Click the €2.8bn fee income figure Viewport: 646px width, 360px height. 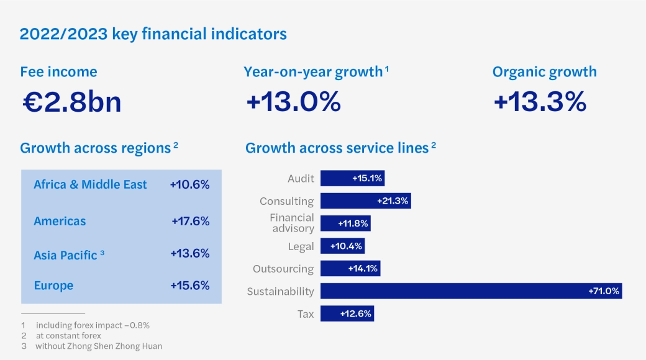point(71,102)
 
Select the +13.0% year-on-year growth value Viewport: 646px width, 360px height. point(293,102)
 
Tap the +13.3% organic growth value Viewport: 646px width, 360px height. point(540,102)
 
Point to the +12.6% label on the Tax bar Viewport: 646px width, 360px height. point(355,313)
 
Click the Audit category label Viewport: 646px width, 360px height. point(301,178)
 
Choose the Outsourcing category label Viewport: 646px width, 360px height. point(283,269)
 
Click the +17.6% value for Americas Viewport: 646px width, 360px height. point(190,221)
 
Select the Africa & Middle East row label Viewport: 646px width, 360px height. point(90,184)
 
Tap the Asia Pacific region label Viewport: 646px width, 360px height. point(66,254)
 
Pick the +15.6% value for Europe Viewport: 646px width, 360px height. point(190,286)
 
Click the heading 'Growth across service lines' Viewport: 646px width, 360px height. point(337,148)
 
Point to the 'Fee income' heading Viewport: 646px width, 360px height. point(58,71)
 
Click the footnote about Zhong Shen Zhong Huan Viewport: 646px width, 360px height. point(98,346)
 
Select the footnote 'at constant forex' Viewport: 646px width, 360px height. point(68,336)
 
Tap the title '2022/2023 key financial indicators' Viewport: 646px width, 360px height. point(153,34)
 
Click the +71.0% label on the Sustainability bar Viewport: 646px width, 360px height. point(603,291)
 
